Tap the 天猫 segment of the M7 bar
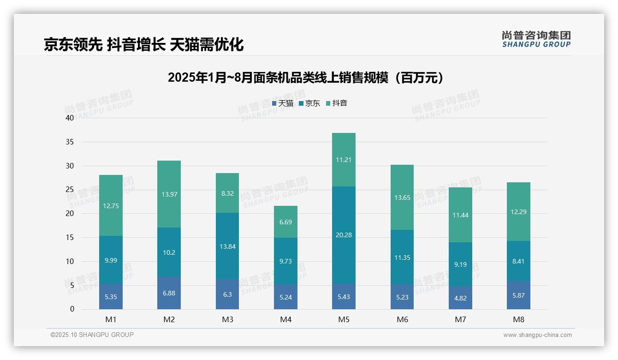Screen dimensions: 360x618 tap(460, 298)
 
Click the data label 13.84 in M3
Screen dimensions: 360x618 tap(227, 246)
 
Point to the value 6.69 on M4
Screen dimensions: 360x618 tap(285, 222)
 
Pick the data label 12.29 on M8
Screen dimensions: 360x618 tap(518, 212)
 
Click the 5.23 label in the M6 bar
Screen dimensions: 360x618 tap(402, 298)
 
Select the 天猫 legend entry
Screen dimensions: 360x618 tap(283, 103)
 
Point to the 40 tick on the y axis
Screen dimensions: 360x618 tap(70, 118)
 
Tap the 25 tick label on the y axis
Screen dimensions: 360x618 tap(70, 190)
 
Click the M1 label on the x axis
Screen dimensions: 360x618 tap(111, 319)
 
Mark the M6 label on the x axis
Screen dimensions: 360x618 tap(402, 319)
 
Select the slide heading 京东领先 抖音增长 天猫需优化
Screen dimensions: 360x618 tap(143, 44)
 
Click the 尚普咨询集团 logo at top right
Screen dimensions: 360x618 tap(536, 39)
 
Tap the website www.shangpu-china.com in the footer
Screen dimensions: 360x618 tap(537, 335)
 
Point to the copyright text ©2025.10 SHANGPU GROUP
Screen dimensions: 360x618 tap(92, 335)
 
